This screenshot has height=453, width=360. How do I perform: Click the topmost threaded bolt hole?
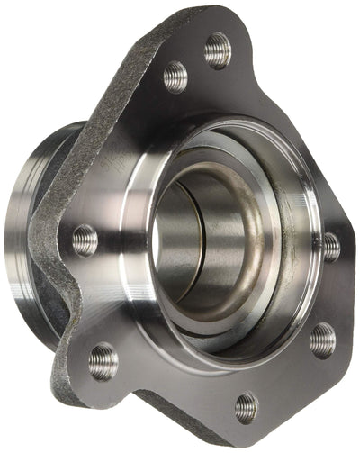(217, 50)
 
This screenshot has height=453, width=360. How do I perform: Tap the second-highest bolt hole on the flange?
(175, 77)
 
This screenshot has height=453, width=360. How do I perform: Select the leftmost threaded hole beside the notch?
(85, 240)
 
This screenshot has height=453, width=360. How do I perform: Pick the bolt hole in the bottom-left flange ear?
(103, 360)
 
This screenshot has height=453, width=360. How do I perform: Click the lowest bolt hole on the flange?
(246, 407)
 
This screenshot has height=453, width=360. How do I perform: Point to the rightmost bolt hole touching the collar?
(330, 246)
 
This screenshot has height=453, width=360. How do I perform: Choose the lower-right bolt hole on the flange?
(322, 340)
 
